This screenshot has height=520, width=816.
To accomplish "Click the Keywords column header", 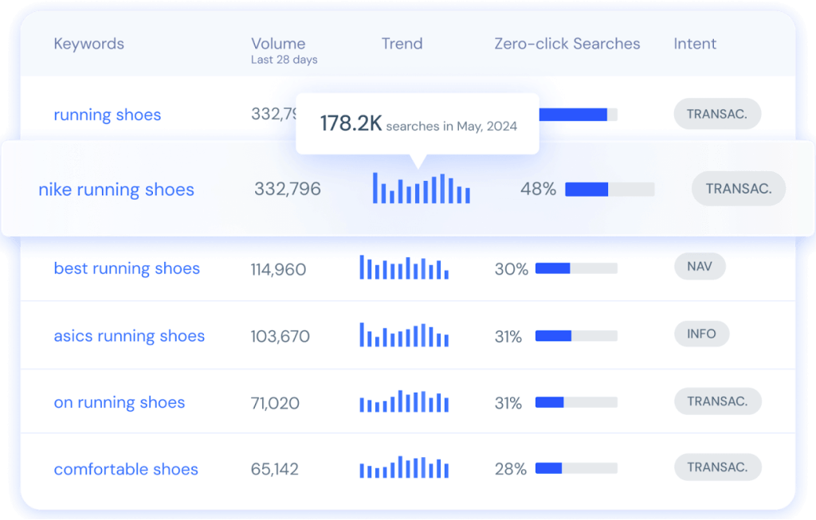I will tap(88, 44).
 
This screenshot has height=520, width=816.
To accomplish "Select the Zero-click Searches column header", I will tap(567, 44).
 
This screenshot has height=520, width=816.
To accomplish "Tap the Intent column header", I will tap(695, 44).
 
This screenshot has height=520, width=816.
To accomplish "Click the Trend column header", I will tap(402, 44).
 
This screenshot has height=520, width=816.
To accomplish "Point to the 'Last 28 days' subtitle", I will tap(284, 60).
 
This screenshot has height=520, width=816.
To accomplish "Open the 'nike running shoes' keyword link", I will tap(116, 190).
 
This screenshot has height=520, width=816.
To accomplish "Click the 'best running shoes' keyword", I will tap(127, 268).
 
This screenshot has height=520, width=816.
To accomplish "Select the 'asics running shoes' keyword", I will tap(129, 336).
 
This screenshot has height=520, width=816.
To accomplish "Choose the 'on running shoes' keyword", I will tap(119, 403).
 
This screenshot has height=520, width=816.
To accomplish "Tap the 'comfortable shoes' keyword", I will tap(126, 469).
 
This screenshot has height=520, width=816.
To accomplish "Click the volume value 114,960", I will tap(278, 270).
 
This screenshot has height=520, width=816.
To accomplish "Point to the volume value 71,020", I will tap(275, 404).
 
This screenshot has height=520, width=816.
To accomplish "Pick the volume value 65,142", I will tap(274, 469).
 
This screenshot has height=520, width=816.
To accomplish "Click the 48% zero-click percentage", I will tap(538, 190).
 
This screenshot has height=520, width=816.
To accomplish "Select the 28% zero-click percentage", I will tap(511, 469).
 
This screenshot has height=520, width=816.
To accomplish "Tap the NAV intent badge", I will tap(700, 266).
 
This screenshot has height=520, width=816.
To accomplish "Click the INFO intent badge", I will tap(701, 334).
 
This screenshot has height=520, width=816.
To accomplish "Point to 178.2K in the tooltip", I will tap(351, 123).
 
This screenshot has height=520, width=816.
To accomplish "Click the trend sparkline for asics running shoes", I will tap(404, 335).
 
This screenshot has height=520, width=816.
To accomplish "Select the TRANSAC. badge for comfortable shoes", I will tap(717, 467).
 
